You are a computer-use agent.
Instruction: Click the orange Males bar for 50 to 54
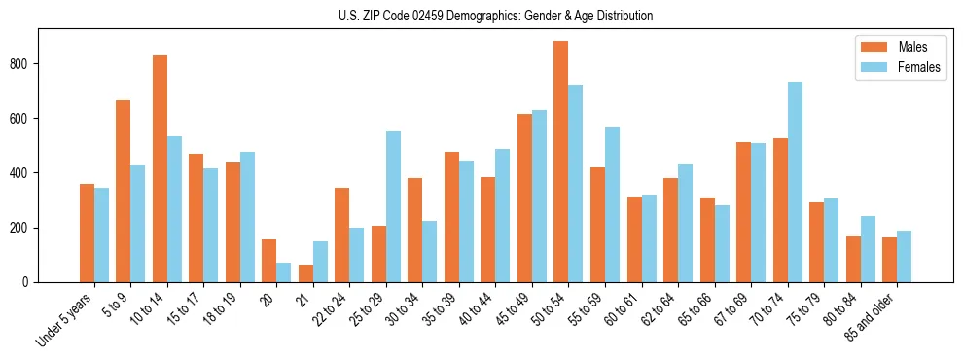coord(561,162)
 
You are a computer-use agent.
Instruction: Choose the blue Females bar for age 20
coord(284,272)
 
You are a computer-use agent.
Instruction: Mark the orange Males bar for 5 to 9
coord(124,191)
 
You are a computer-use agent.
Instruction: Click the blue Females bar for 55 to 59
coord(612,204)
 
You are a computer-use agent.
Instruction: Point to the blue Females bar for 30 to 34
coord(430,251)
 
